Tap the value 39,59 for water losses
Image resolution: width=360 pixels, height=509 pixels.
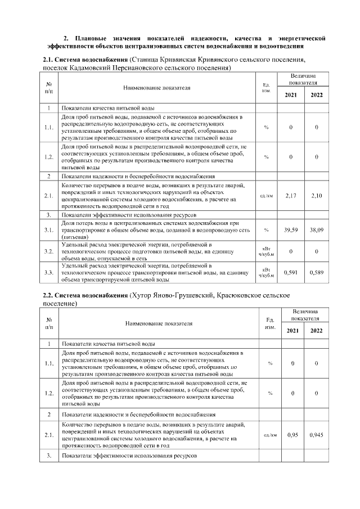(x=291, y=229)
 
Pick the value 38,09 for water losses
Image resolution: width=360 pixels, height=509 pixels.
(x=317, y=229)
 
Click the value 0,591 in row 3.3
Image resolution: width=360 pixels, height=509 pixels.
(x=291, y=272)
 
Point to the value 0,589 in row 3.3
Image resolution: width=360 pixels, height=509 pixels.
(x=317, y=272)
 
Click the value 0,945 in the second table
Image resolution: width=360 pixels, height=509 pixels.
(x=317, y=435)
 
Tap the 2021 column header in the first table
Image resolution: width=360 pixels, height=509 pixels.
(x=291, y=95)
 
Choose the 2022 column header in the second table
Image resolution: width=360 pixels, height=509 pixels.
(x=317, y=330)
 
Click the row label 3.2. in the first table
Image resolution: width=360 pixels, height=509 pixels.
(x=49, y=251)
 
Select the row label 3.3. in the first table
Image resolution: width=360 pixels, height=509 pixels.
(x=49, y=272)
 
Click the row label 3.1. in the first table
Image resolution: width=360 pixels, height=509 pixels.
(x=49, y=229)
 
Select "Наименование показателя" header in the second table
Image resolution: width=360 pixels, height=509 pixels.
(x=159, y=323)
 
